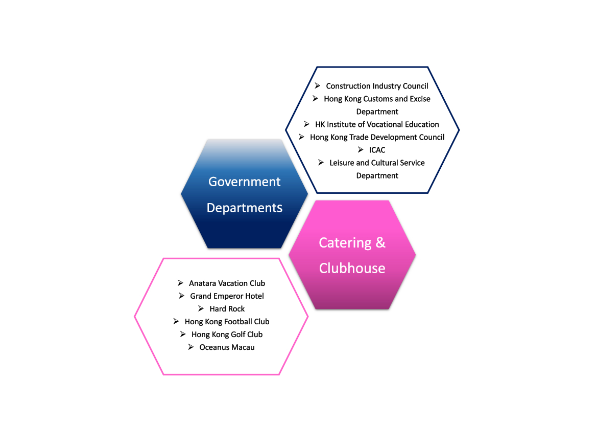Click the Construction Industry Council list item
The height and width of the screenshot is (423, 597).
click(x=377, y=86)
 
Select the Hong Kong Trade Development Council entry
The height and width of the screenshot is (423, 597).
click(x=377, y=137)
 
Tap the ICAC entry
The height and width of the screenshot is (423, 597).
click(x=377, y=150)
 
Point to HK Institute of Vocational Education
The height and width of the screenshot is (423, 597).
click(x=377, y=124)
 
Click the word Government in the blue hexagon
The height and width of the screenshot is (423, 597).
click(x=245, y=182)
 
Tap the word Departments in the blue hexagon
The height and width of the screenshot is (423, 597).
click(x=245, y=208)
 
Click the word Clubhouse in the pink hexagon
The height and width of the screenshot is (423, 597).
click(x=352, y=268)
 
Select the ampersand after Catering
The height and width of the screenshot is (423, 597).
click(x=380, y=242)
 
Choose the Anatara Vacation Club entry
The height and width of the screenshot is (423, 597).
click(x=227, y=283)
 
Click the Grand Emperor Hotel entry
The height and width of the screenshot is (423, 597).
click(x=227, y=296)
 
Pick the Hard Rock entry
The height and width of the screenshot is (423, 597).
click(x=227, y=309)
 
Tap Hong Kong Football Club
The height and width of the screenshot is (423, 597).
click(x=227, y=322)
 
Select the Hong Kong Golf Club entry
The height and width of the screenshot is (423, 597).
click(x=227, y=335)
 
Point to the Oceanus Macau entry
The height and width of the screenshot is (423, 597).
click(x=227, y=347)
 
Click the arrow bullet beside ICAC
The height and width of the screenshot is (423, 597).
click(x=361, y=150)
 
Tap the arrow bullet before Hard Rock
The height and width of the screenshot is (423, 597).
click(x=201, y=308)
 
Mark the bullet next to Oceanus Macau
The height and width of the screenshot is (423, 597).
click(x=190, y=347)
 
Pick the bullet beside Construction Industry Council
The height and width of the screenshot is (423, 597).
click(x=318, y=85)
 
